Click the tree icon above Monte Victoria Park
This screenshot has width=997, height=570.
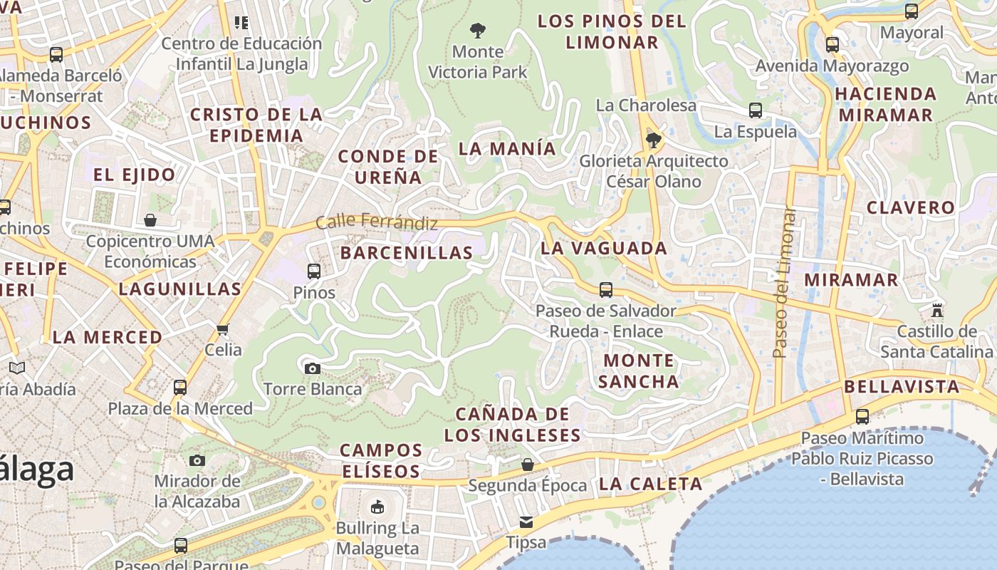[478, 30]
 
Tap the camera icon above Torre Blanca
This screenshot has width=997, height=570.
[312, 368]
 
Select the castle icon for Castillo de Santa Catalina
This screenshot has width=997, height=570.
[937, 311]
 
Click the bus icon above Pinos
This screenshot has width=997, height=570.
[313, 271]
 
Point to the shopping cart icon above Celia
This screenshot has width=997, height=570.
[223, 328]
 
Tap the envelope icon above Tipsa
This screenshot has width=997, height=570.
[526, 522]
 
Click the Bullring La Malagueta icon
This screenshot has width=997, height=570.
[377, 507]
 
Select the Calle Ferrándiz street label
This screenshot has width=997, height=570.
[377, 222]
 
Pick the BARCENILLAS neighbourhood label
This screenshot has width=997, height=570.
[407, 252]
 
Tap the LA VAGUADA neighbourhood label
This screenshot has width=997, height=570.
[604, 248]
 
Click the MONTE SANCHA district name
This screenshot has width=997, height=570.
[639, 370]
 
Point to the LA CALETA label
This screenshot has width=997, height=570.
[651, 484]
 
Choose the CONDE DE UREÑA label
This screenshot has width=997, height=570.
[388, 167]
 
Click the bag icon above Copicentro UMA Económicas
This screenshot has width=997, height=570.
[150, 220]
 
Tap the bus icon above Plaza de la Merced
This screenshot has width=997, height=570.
[180, 388]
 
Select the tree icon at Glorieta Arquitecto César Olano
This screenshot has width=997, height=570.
[653, 140]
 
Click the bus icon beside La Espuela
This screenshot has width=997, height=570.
[756, 110]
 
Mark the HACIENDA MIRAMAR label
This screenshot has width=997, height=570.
[885, 104]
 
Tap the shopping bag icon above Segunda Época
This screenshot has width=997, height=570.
[528, 465]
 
